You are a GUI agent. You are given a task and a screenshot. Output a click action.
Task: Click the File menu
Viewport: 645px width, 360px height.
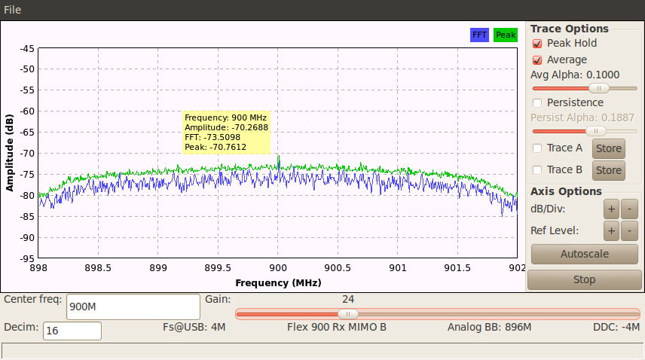click(x=12, y=10)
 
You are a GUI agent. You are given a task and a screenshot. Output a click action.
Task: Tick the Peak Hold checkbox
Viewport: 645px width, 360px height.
click(x=538, y=44)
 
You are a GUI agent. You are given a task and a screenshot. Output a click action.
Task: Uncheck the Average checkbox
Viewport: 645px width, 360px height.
click(x=538, y=60)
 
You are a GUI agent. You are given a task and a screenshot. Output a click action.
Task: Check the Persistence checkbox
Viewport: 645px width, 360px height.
click(x=538, y=102)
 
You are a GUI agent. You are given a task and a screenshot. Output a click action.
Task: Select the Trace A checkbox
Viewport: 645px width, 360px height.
click(x=538, y=148)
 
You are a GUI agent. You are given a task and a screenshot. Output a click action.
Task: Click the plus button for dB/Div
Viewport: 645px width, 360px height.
click(x=611, y=209)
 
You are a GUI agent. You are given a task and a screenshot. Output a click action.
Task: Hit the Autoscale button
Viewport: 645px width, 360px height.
click(x=584, y=254)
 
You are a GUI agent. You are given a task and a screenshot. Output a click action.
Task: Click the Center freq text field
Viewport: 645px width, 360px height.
click(x=132, y=307)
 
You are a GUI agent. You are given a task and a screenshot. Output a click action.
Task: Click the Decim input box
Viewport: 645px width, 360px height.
click(x=72, y=331)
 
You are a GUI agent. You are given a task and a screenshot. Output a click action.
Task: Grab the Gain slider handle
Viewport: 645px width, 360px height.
click(x=347, y=314)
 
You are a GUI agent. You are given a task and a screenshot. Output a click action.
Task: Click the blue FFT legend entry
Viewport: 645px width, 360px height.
click(x=479, y=35)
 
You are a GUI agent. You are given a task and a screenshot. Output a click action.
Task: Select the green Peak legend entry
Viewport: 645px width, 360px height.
click(x=506, y=35)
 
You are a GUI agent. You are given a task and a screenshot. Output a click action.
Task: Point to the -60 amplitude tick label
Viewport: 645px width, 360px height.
click(x=26, y=111)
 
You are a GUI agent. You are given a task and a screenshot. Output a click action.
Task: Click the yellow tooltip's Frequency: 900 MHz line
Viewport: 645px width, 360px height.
click(x=226, y=118)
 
